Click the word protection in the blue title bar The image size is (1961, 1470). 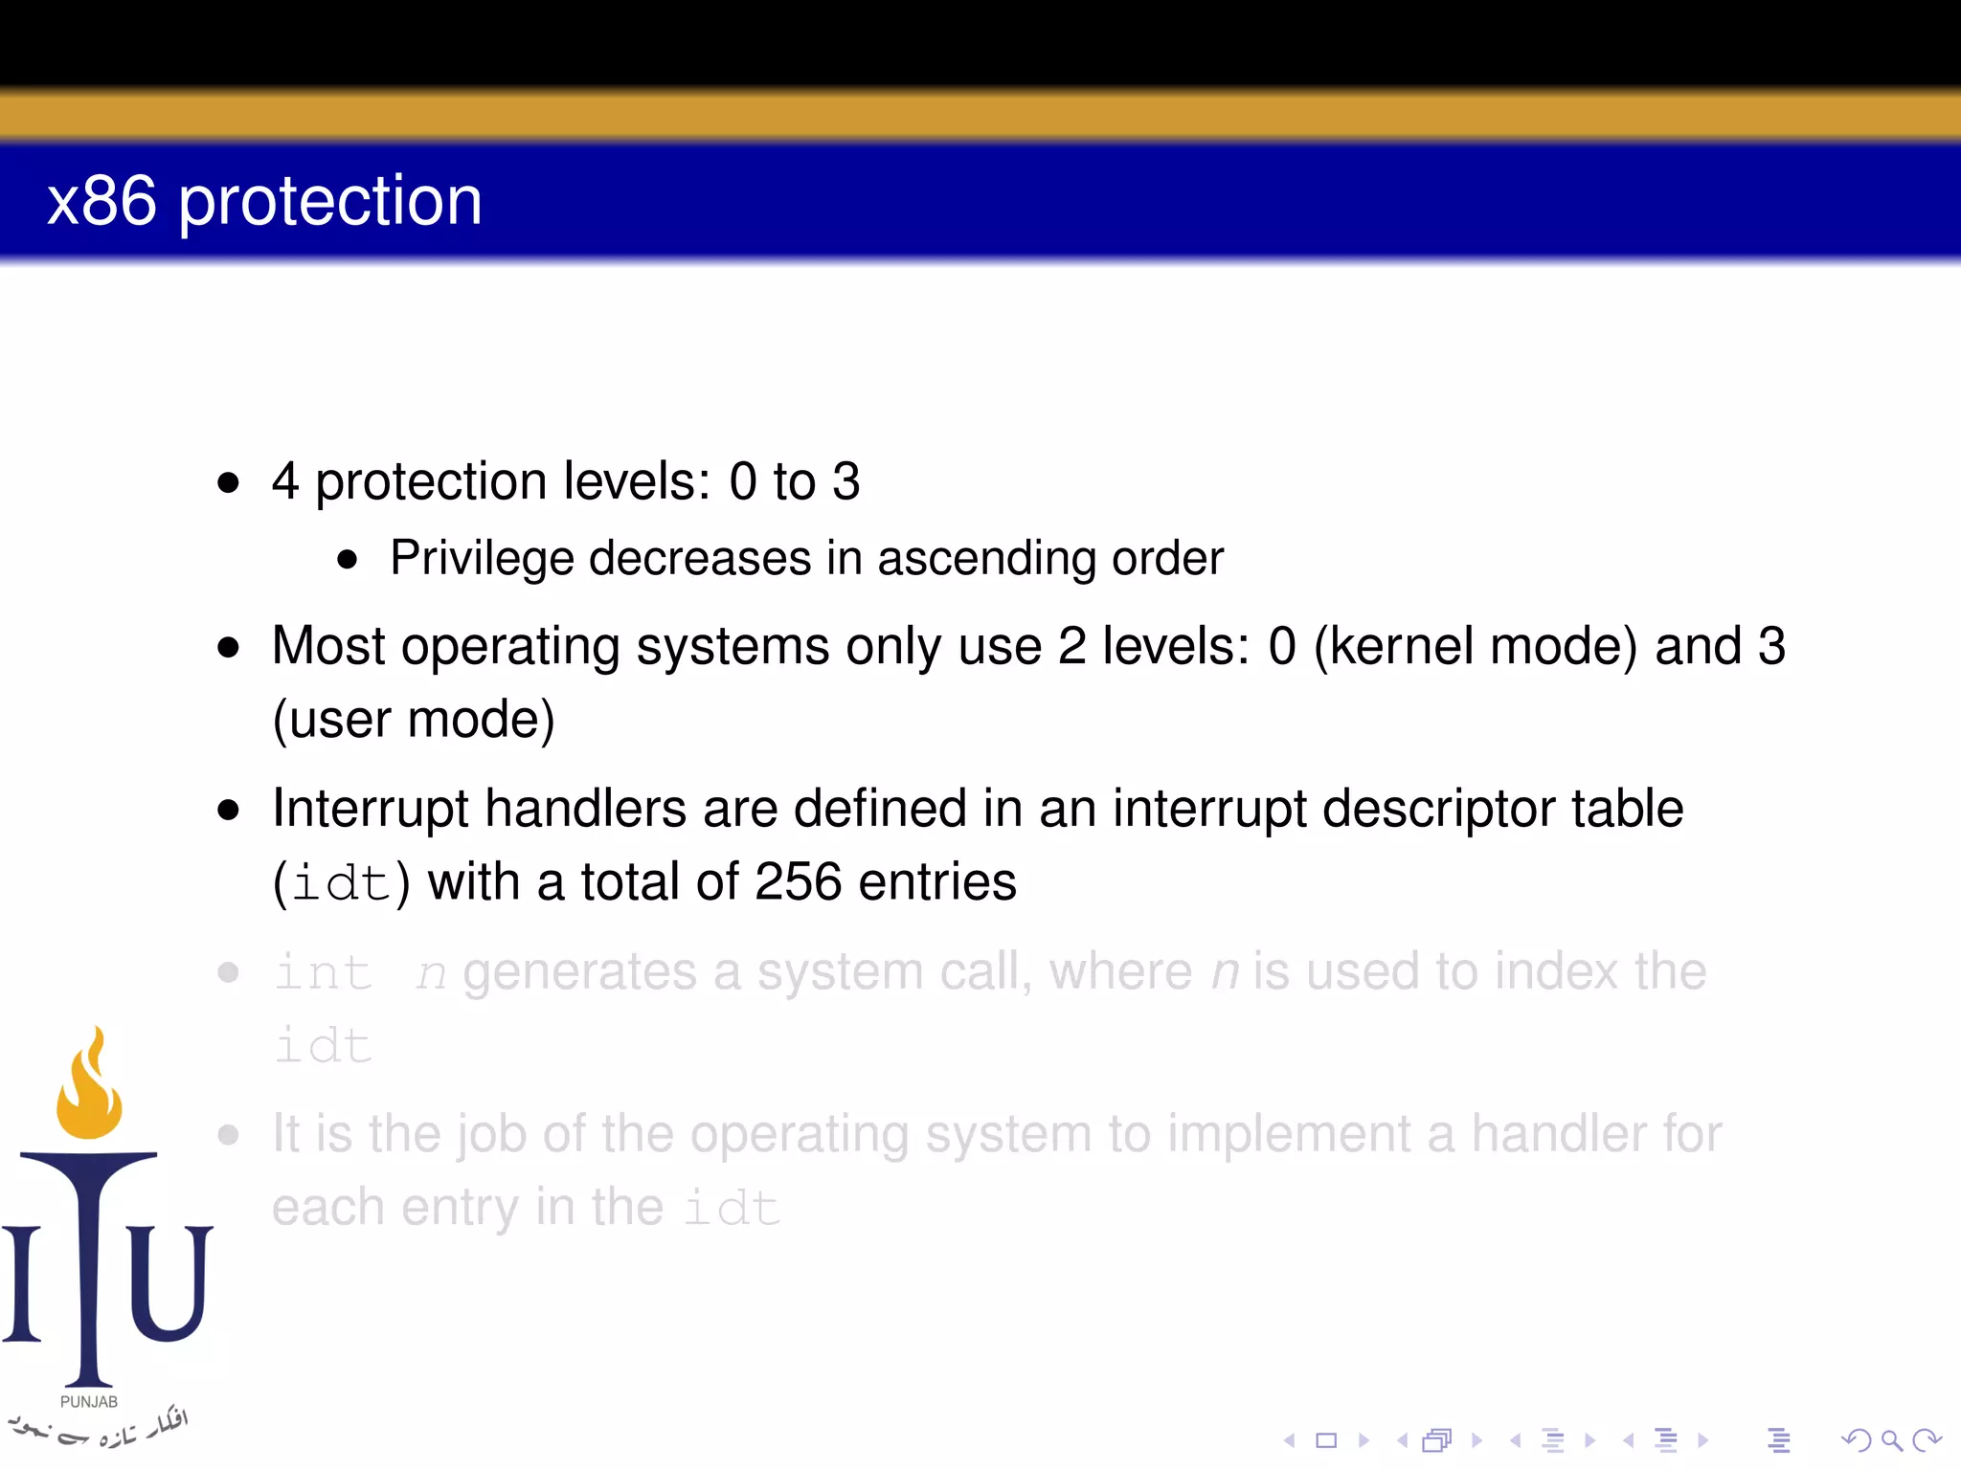330,202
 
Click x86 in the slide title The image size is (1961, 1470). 101,202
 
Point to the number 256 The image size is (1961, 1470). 798,881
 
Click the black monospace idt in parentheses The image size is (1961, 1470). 341,882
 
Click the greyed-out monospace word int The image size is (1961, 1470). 324,973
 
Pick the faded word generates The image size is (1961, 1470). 579,973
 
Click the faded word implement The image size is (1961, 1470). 1289,1135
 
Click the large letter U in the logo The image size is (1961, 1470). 170,1282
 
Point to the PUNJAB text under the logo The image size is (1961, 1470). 89,1402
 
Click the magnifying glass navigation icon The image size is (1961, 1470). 1890,1439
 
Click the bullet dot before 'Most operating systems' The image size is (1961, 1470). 228,648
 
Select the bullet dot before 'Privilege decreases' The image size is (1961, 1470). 348,560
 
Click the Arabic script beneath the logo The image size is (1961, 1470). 101,1428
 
